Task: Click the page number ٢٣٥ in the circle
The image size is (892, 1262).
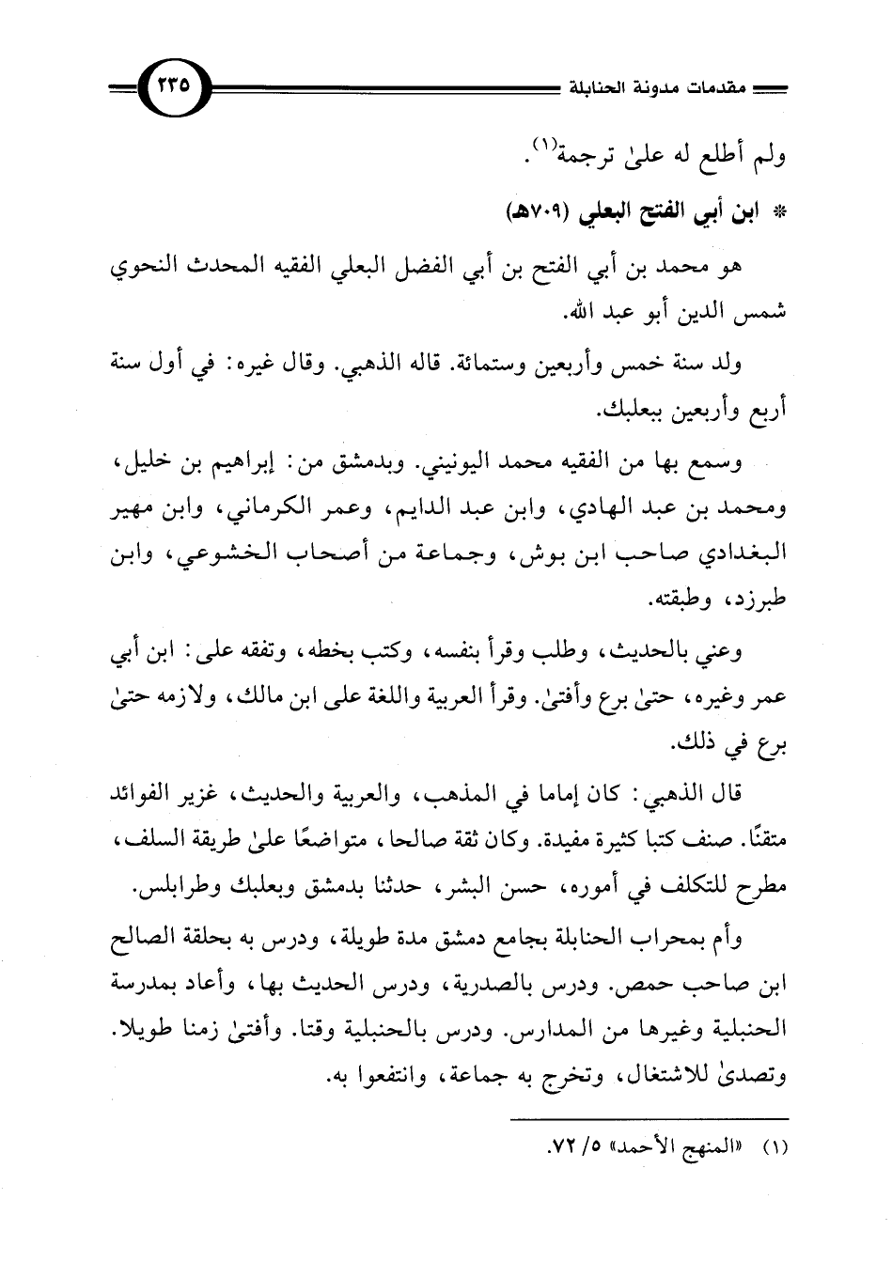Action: tap(174, 86)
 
